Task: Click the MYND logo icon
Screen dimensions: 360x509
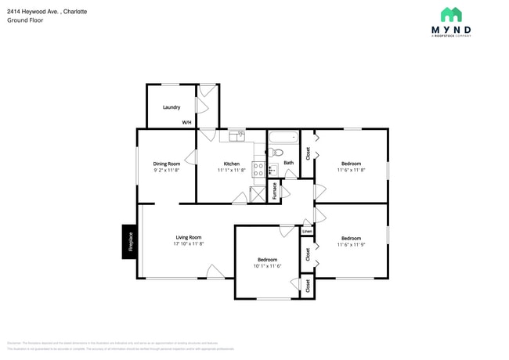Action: click(450, 14)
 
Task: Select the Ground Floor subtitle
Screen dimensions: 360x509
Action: click(26, 20)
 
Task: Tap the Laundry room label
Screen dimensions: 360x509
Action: click(171, 107)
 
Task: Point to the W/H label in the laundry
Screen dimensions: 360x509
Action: click(186, 123)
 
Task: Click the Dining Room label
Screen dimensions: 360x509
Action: click(166, 164)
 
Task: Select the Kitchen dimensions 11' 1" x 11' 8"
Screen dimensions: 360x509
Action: click(232, 170)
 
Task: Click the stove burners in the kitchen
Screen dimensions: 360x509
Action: click(258, 168)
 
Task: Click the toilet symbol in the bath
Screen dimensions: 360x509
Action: click(278, 153)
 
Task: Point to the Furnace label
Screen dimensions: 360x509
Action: click(274, 193)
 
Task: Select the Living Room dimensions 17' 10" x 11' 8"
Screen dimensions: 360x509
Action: click(188, 243)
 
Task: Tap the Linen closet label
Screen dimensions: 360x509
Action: click(307, 231)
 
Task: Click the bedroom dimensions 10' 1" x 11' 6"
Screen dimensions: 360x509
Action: click(267, 266)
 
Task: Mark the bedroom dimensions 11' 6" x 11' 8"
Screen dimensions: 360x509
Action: click(351, 170)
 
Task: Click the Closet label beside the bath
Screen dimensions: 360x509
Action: click(308, 153)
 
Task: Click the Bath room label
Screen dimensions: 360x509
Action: click(289, 163)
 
